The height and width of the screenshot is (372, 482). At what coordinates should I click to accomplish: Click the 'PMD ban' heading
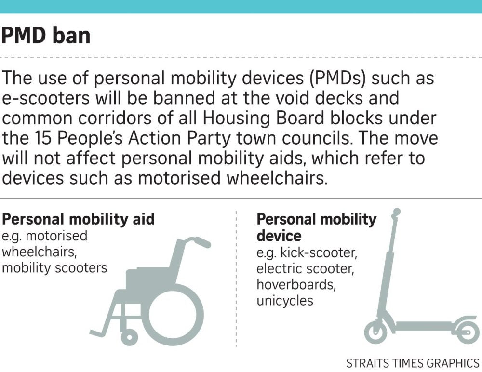[46, 36]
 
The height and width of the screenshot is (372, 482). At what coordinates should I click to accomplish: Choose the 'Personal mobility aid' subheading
[79, 219]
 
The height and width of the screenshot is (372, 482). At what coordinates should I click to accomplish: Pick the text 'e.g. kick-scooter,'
[307, 252]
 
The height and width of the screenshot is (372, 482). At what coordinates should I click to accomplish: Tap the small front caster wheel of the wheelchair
[129, 336]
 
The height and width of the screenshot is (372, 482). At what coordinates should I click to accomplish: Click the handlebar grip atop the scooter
[396, 212]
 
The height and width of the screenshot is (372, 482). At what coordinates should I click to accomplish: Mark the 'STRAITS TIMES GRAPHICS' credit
[413, 363]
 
